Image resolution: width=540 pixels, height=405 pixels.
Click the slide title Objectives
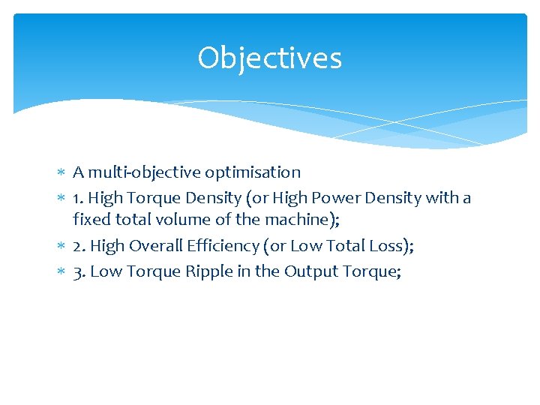click(270, 58)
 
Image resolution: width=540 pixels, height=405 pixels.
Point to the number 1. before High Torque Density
click(77, 198)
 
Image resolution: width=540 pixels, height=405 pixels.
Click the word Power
click(341, 198)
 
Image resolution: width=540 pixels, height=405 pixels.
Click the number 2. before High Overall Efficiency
click(78, 246)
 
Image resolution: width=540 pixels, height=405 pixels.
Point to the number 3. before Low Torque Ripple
click(78, 271)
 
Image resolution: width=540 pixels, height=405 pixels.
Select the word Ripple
click(226, 271)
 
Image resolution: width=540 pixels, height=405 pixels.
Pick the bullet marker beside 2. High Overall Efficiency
click(61, 247)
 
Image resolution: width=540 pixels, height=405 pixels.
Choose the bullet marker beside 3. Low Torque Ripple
click(61, 272)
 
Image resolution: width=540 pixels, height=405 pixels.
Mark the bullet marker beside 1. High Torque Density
click(61, 199)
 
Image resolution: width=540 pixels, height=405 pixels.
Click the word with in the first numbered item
click(442, 198)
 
